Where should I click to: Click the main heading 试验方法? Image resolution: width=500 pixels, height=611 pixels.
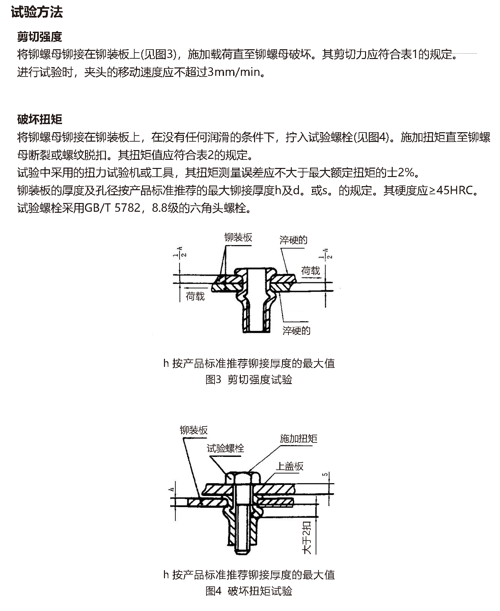(37, 12)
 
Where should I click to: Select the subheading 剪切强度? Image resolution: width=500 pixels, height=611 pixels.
(40, 37)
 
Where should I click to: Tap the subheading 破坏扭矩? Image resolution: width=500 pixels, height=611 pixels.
(40, 119)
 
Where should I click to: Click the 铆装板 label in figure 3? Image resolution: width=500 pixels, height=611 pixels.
(238, 237)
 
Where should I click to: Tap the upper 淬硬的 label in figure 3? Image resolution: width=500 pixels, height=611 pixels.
(293, 240)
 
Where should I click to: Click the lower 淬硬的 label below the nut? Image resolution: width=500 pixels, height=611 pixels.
(296, 330)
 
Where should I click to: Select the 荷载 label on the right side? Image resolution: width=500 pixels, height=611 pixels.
(310, 271)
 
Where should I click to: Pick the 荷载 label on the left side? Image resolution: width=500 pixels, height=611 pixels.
(195, 296)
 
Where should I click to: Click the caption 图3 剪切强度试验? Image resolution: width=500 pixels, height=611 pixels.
(249, 380)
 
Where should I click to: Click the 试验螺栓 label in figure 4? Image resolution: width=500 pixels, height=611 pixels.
(225, 448)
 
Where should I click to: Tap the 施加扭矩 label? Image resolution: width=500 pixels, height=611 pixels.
(299, 438)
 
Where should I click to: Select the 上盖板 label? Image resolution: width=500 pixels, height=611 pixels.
(289, 466)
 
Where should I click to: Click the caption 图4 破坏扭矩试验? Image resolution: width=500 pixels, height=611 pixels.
(249, 591)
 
